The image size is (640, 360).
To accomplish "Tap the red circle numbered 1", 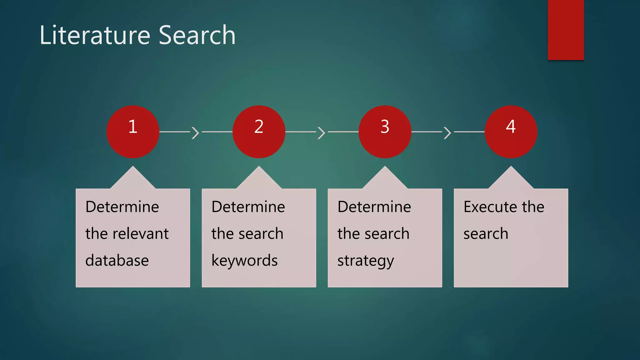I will click(133, 132).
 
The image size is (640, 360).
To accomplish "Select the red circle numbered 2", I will click(259, 132).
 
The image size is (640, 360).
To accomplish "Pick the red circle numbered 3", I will click(385, 132).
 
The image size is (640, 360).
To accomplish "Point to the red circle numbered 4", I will click(511, 132).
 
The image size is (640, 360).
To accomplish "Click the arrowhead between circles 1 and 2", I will click(196, 132).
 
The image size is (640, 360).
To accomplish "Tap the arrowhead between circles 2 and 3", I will click(322, 132).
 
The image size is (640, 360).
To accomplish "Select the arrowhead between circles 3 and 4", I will click(448, 132).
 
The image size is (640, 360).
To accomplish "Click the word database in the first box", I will click(117, 260).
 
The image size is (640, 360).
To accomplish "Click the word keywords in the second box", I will click(245, 260).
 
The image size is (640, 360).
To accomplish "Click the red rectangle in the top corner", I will click(566, 30).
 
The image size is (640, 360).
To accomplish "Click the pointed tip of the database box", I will click(133, 169).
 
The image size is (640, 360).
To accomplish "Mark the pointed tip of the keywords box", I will click(259, 169).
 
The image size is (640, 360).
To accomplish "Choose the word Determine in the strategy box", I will click(374, 207).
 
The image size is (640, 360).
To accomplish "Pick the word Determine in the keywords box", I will click(248, 207).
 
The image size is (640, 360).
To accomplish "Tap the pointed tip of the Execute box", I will click(511, 169).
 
